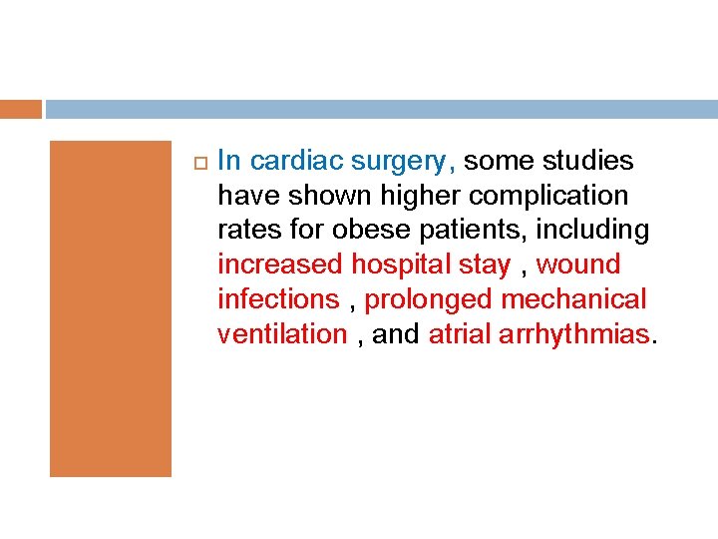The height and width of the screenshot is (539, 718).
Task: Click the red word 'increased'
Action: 278,266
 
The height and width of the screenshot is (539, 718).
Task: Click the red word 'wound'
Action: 578,266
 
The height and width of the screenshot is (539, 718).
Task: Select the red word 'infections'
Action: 278,299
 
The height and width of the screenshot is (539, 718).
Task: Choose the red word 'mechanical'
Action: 573,299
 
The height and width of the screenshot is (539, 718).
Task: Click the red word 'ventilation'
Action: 282,334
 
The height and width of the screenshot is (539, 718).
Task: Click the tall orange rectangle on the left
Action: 111,307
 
